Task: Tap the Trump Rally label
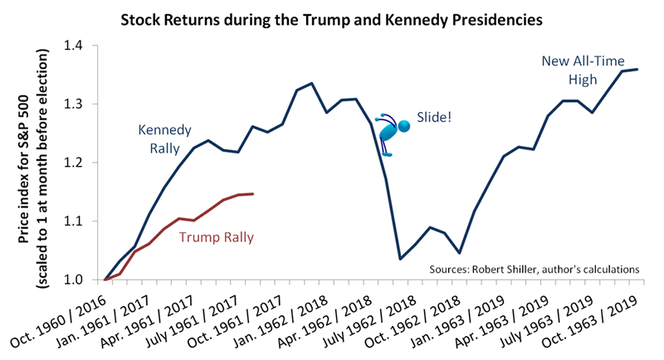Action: click(x=216, y=236)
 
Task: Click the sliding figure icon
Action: click(x=393, y=131)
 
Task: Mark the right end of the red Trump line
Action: click(x=252, y=194)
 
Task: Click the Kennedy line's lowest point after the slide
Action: click(x=400, y=260)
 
